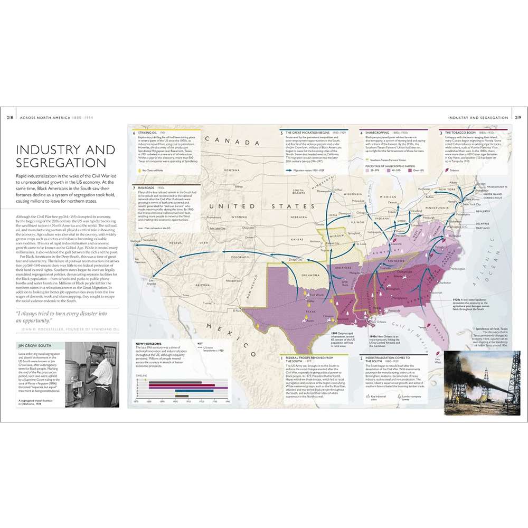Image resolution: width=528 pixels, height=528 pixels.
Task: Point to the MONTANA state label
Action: (x=231, y=171)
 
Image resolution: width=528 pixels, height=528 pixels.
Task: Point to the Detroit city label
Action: (x=392, y=202)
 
